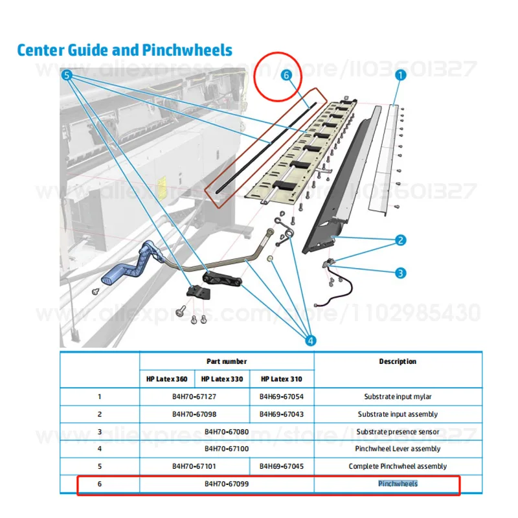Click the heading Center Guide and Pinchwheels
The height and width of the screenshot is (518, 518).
[124, 49]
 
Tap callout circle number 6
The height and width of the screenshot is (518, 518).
[284, 76]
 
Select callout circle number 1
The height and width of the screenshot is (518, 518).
[401, 76]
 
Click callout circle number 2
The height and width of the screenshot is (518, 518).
[401, 241]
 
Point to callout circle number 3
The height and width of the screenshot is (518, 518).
[401, 273]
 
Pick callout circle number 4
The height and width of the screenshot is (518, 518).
[311, 339]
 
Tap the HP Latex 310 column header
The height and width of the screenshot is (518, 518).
[282, 379]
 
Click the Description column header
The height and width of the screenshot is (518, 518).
[398, 361]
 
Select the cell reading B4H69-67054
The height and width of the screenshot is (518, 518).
[282, 396]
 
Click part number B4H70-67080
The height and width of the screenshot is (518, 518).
[227, 431]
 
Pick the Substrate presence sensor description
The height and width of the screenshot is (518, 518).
[398, 431]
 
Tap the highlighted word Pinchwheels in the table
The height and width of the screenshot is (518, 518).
[398, 483]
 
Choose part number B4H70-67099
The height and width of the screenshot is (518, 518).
[227, 483]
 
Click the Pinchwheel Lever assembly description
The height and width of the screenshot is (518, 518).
[398, 449]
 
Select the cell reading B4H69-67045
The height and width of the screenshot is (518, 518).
[282, 466]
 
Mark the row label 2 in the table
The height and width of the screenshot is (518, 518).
[100, 414]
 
